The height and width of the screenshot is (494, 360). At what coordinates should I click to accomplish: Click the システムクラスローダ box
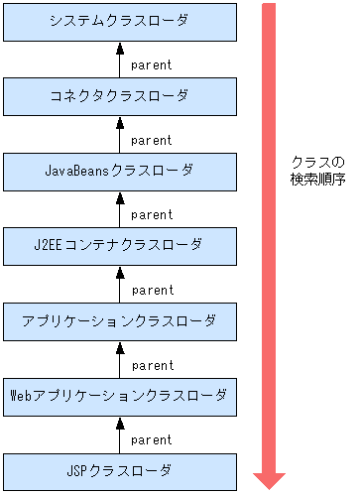(x=120, y=22)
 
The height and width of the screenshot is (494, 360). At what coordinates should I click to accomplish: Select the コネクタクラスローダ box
(x=120, y=96)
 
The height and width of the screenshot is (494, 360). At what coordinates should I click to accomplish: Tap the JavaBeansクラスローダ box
(x=120, y=171)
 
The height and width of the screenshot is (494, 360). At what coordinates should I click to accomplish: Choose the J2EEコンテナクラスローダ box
(x=120, y=245)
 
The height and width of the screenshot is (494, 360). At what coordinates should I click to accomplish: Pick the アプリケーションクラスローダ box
(x=120, y=320)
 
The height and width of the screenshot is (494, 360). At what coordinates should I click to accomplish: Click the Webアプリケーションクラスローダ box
(x=120, y=395)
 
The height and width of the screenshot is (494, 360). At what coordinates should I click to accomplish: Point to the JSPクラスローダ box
(x=120, y=470)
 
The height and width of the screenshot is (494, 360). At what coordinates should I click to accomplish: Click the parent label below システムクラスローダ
(x=152, y=65)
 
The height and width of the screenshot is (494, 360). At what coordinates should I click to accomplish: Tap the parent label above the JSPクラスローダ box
(x=152, y=439)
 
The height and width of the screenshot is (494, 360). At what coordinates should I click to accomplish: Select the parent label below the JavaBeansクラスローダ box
(x=152, y=214)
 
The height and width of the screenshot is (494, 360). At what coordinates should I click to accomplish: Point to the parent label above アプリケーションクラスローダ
(x=152, y=290)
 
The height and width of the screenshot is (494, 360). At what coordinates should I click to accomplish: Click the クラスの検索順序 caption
(x=317, y=171)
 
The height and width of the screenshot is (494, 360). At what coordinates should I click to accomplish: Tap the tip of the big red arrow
(x=269, y=487)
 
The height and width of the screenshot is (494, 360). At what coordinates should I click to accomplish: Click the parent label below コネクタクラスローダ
(x=152, y=140)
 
